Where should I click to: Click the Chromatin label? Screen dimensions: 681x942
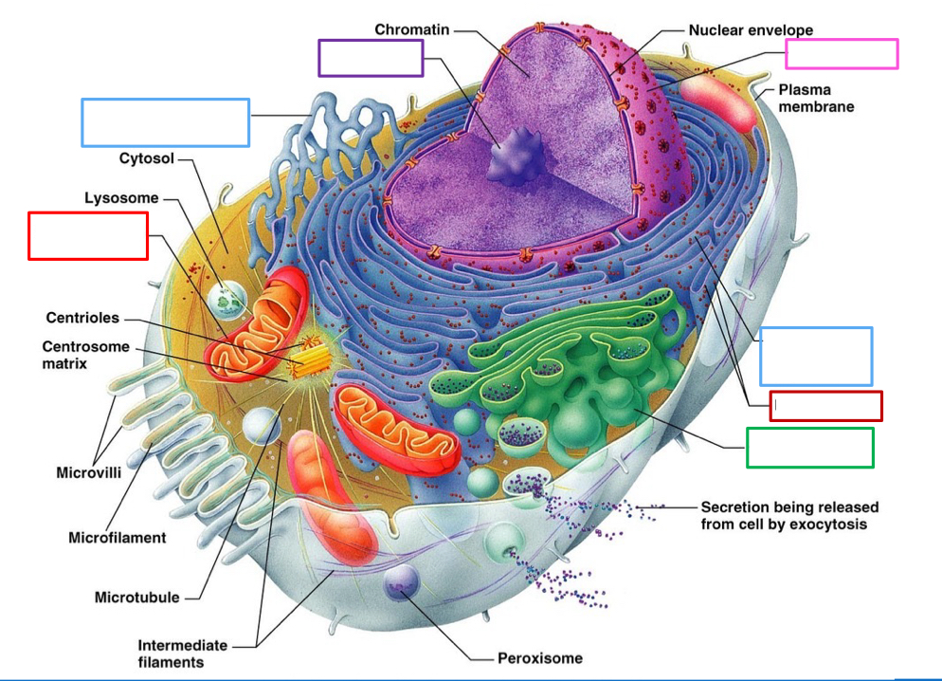pyautogui.click(x=411, y=29)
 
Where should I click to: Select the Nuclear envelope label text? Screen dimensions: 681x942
pyautogui.click(x=750, y=29)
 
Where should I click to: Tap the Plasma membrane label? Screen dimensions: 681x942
pyautogui.click(x=815, y=98)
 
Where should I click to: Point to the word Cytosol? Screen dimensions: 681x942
pyautogui.click(x=146, y=158)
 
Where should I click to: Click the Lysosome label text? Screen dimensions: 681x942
pyautogui.click(x=121, y=198)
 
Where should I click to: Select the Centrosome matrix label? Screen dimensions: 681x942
pyautogui.click(x=85, y=355)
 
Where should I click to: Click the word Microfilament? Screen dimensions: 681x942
pyautogui.click(x=117, y=538)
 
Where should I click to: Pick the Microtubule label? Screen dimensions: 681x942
pyautogui.click(x=137, y=598)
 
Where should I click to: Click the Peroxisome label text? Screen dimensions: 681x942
pyautogui.click(x=539, y=657)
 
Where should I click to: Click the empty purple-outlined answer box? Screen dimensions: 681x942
pyautogui.click(x=371, y=58)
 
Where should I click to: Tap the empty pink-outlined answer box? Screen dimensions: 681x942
pyautogui.click(x=842, y=54)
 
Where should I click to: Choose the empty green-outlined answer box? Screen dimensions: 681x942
pyautogui.click(x=809, y=448)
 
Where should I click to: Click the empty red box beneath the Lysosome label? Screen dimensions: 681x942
pyautogui.click(x=88, y=236)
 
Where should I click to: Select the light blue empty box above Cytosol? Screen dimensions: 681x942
pyautogui.click(x=166, y=122)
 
